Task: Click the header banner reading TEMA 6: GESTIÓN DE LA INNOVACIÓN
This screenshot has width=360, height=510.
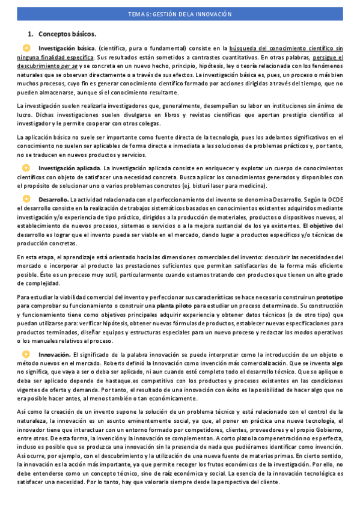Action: [x=180, y=14]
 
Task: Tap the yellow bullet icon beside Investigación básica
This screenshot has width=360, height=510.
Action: [x=26, y=48]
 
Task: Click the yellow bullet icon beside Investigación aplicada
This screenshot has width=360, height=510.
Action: [x=26, y=168]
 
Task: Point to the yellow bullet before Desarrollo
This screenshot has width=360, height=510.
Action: [x=26, y=198]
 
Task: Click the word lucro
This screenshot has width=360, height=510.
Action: [x=23, y=115]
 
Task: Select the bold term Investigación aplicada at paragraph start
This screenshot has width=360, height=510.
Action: [x=69, y=168]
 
